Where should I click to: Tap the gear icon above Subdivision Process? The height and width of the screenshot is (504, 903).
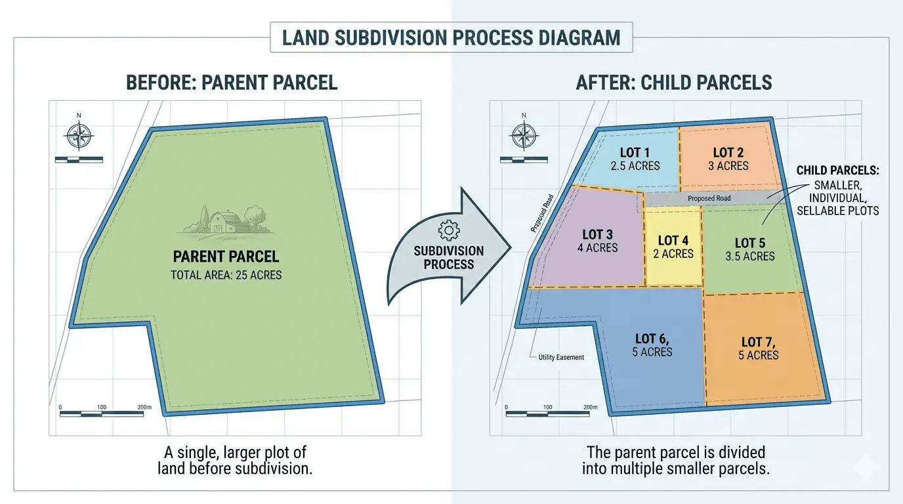coord(449,230)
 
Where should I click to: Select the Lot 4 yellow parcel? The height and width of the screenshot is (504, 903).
coord(673,247)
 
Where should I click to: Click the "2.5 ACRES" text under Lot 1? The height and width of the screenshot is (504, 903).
coord(635,166)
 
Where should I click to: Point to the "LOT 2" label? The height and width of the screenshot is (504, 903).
coord(728,152)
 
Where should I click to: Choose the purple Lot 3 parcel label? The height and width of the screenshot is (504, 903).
coord(597,234)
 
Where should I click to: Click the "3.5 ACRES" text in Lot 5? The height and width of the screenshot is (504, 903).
coord(750,257)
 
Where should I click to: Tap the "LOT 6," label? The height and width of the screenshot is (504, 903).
coord(652,339)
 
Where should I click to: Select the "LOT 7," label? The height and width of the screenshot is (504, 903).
coord(758,342)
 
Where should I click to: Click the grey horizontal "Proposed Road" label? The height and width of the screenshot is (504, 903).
coord(709,198)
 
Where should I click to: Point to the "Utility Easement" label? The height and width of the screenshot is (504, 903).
coord(561,357)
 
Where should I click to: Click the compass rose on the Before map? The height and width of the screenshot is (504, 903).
coord(79,135)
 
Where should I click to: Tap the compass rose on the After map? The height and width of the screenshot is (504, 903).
coord(524,135)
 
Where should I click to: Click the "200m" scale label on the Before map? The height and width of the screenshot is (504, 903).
coord(144,408)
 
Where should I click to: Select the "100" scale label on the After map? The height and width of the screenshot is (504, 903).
coord(547,408)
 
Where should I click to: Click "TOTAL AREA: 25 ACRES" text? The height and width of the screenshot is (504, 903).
coord(226,275)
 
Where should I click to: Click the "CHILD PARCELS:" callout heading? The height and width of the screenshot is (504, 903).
coord(837,171)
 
